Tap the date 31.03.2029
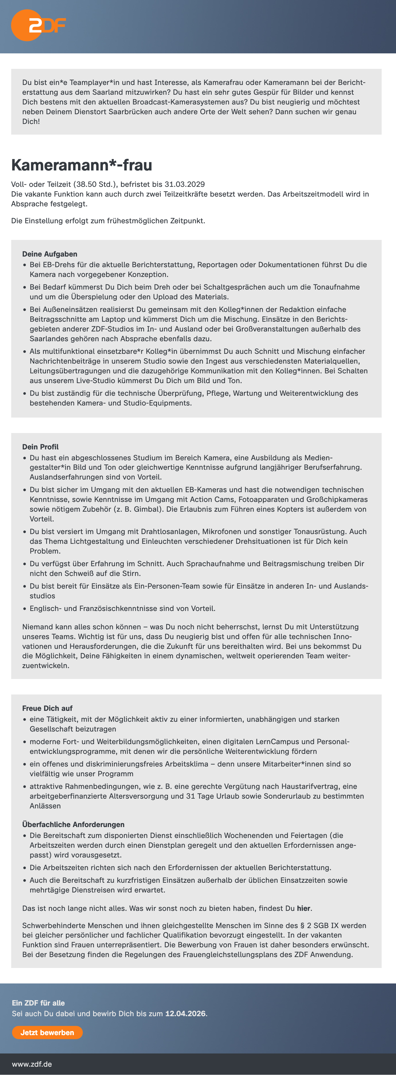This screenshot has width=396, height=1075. pyautogui.click(x=184, y=184)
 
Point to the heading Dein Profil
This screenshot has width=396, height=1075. pyautogui.click(x=40, y=447)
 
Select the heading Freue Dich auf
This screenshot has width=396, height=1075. pyautogui.click(x=47, y=708)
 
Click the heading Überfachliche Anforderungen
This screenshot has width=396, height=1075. pyautogui.click(x=73, y=824)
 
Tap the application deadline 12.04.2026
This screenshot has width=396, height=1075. pyautogui.click(x=185, y=1013)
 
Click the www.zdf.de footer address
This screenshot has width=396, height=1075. pyautogui.click(x=32, y=1064)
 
